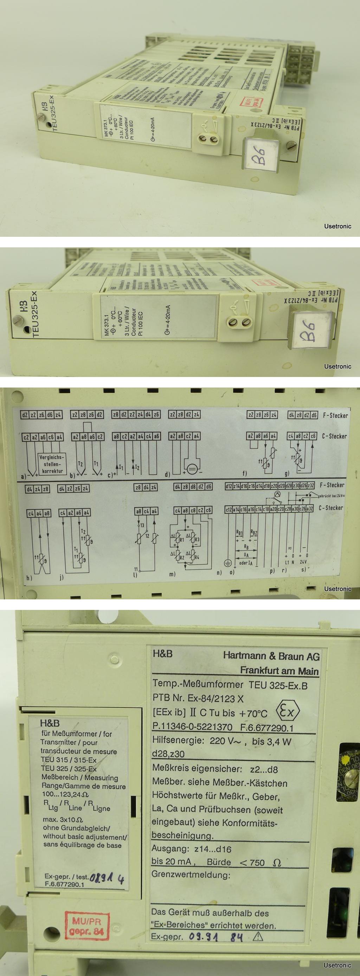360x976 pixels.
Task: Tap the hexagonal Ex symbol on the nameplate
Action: tap(289, 711)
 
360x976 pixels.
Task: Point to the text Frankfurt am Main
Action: tap(279, 671)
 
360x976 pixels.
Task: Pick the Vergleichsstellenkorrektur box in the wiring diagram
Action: tap(52, 464)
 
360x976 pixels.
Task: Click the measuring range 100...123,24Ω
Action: tap(65, 794)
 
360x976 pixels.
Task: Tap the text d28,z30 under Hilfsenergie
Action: tap(168, 754)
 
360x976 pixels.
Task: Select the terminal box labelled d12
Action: tap(229, 486)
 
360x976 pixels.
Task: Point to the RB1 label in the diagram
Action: tap(239, 533)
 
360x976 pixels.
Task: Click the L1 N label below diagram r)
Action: tap(290, 562)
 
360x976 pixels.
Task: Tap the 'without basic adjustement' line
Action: tap(84, 836)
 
